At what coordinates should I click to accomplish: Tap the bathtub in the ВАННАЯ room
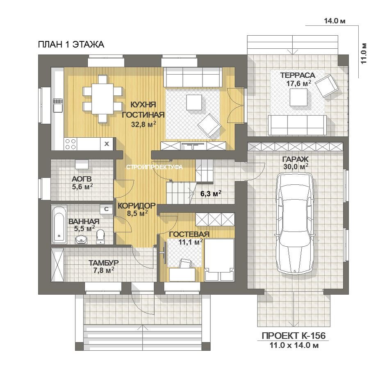[59, 225]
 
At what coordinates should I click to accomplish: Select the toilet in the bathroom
[100, 237]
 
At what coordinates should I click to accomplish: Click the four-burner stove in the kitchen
[71, 144]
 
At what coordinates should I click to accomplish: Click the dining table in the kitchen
[102, 99]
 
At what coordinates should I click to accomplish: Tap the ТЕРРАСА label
[298, 75]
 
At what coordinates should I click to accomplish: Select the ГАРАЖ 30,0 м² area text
[296, 163]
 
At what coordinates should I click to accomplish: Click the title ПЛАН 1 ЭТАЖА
[71, 45]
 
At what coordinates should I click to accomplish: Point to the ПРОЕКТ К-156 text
[294, 336]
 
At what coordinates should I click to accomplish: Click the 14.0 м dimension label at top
[335, 21]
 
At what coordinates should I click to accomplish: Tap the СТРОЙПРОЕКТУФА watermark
[155, 167]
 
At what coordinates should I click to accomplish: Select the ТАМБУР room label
[104, 263]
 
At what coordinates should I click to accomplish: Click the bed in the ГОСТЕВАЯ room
[219, 260]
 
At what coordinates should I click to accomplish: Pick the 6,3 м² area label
[211, 193]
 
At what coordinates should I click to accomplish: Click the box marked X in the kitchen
[107, 144]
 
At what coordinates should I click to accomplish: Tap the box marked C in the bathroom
[106, 209]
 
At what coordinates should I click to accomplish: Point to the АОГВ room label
[82, 179]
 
